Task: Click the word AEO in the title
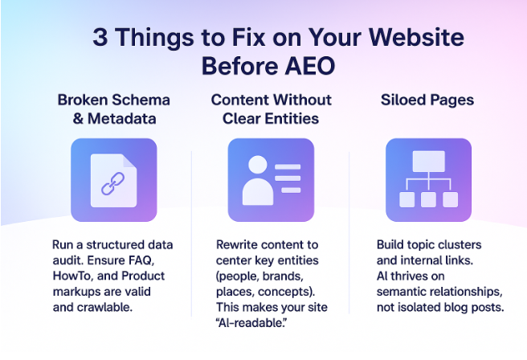306,64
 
